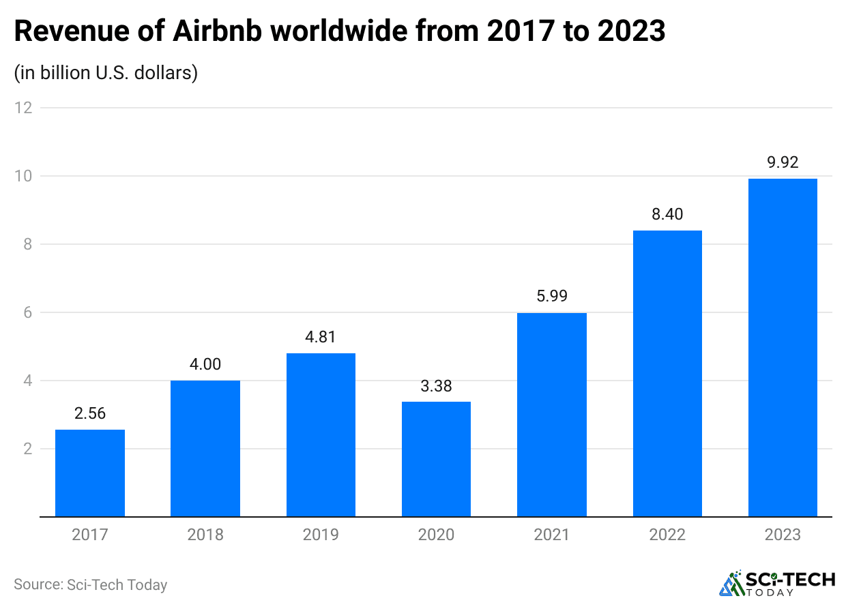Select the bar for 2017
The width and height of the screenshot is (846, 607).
pos(90,473)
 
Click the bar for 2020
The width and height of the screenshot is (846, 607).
pos(436,459)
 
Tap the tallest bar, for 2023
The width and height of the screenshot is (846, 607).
pos(783,347)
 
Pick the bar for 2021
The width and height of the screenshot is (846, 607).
pos(552,414)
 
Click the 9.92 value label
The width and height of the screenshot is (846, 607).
pos(783,162)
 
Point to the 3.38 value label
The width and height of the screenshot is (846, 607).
pos(436,386)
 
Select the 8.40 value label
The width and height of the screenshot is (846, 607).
pos(667,214)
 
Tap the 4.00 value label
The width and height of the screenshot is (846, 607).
pos(205,364)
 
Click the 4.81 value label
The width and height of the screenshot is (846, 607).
pos(321,337)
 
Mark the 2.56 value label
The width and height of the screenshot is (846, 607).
pos(90,413)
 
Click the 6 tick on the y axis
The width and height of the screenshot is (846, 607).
pos(27,312)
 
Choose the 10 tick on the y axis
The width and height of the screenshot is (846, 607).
pos(23,176)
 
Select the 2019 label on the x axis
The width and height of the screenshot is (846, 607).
pos(321,534)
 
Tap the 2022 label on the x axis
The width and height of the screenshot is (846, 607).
pos(667,534)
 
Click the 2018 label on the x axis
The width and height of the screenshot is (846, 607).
pos(205,534)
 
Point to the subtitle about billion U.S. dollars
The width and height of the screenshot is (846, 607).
pos(106,72)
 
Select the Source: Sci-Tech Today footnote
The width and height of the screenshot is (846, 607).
pos(90,584)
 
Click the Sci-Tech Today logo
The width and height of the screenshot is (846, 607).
pos(777,582)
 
